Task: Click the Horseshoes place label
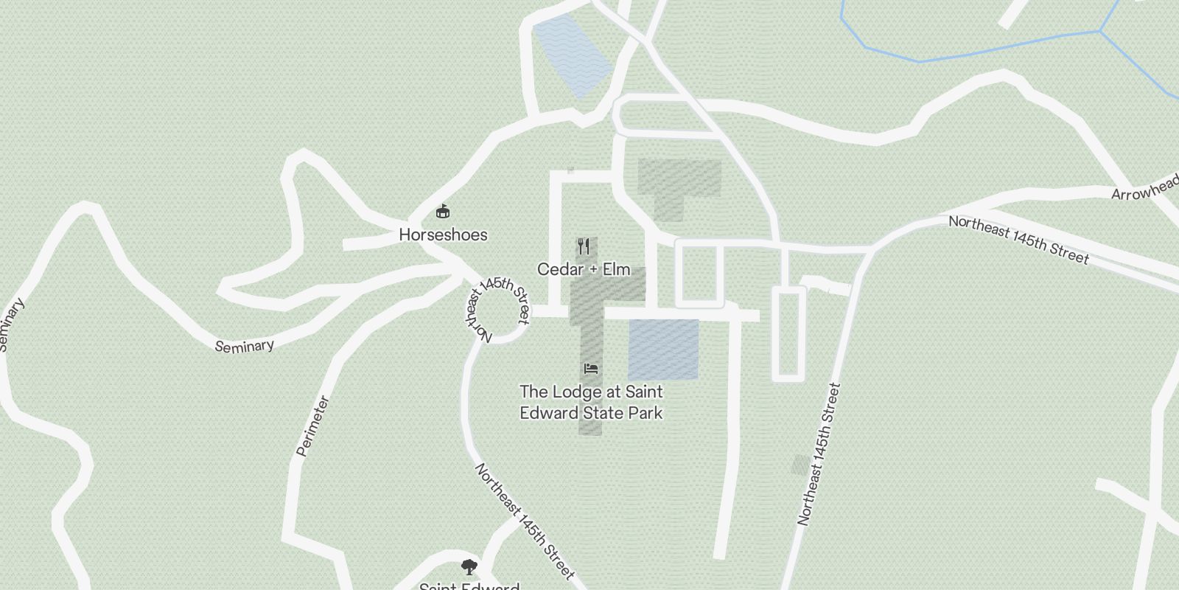(443, 235)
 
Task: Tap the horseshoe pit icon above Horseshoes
(443, 212)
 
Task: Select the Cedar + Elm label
(584, 269)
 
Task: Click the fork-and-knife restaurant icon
(584, 246)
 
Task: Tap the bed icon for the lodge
(590, 368)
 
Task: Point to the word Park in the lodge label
(645, 412)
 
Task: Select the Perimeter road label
(312, 426)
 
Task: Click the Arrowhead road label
(1144, 188)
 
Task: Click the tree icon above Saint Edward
(469, 567)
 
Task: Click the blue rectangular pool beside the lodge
(663, 350)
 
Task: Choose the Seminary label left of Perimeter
(244, 345)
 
